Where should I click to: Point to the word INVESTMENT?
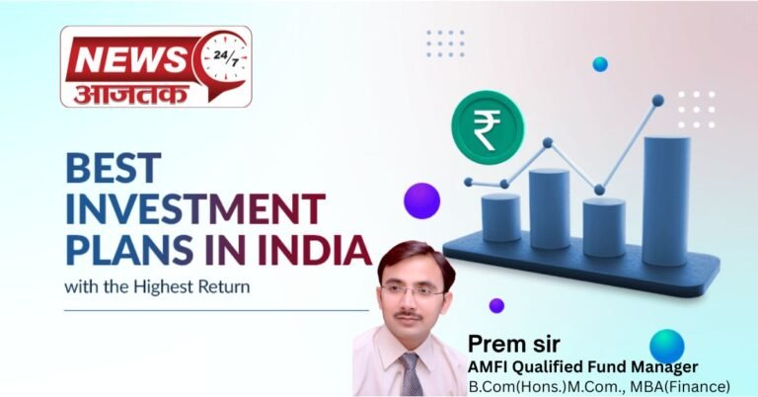(194, 209)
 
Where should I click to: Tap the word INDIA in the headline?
(313, 249)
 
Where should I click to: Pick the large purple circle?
(421, 200)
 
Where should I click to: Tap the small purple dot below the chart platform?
(496, 305)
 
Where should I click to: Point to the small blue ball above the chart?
(600, 64)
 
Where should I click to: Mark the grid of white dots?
(696, 110)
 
